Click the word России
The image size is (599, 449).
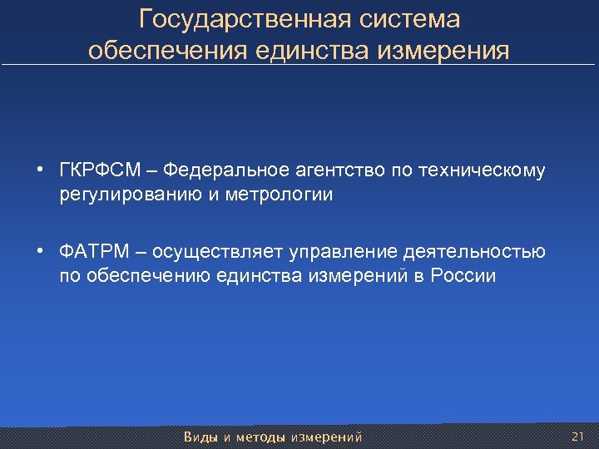point(463,276)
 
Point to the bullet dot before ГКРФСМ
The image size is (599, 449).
point(40,172)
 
